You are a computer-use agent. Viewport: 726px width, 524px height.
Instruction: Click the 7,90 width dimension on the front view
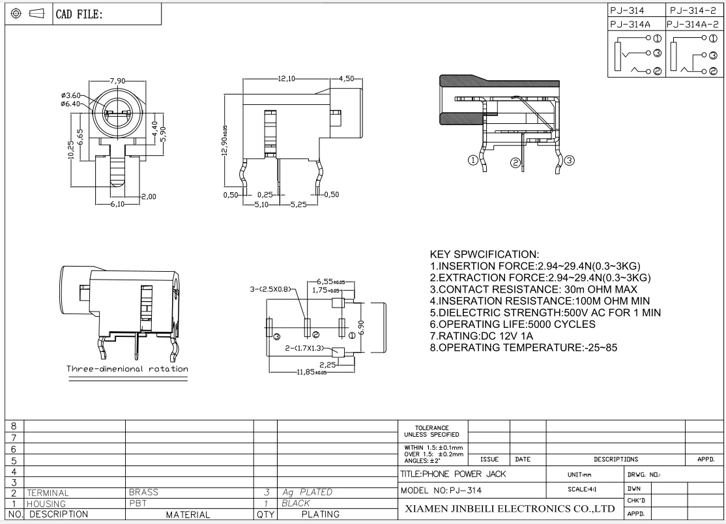point(117,81)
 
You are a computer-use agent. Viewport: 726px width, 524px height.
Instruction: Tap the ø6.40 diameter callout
point(70,104)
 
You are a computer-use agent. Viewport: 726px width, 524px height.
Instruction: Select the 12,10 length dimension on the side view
point(287,79)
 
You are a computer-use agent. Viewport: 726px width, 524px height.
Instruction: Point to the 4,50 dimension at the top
point(346,79)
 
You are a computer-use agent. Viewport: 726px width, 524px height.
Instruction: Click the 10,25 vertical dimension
point(71,149)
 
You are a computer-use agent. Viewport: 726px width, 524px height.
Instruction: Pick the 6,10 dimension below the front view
point(117,204)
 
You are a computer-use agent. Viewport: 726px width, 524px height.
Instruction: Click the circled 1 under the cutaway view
point(472,160)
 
